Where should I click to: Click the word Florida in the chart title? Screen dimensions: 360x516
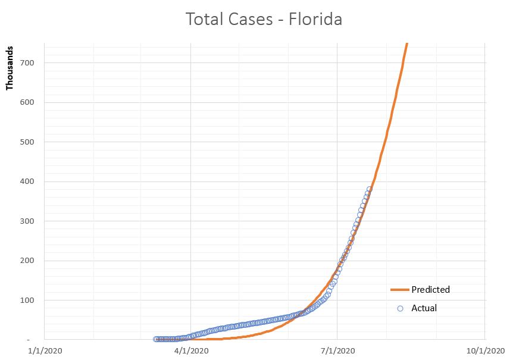pyautogui.click(x=315, y=20)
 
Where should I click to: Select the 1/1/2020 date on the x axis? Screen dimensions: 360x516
pyautogui.click(x=44, y=350)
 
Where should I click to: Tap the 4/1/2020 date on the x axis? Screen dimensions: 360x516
pyautogui.click(x=190, y=350)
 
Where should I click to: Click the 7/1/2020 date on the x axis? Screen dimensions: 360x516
pyautogui.click(x=337, y=350)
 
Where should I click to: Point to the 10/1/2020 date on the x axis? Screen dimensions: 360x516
pyautogui.click(x=484, y=350)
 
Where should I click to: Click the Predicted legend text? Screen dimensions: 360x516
pyautogui.click(x=430, y=290)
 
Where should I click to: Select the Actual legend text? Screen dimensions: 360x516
pyautogui.click(x=424, y=308)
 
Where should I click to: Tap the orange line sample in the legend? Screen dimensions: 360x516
pyautogui.click(x=399, y=290)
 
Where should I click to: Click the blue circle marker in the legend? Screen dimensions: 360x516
pyautogui.click(x=400, y=308)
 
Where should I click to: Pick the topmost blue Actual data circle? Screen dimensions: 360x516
pyautogui.click(x=370, y=189)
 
